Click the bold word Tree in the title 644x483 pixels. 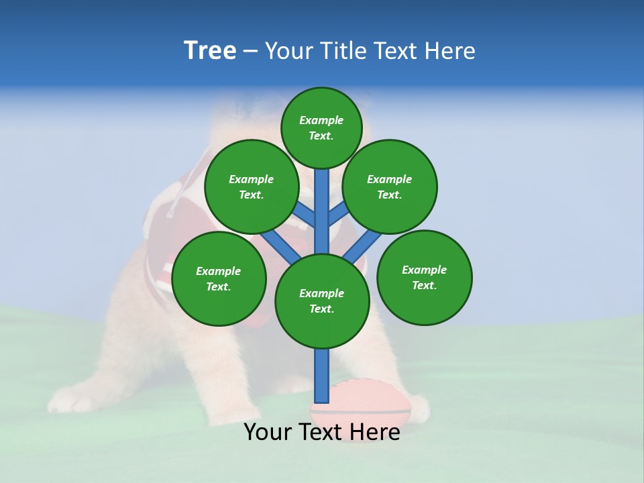coord(210,51)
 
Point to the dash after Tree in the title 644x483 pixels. coord(250,52)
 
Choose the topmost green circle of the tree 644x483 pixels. coord(321,127)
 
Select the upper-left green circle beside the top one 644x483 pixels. coord(251,186)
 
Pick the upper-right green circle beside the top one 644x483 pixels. coord(390,186)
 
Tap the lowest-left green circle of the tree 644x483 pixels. coord(219,278)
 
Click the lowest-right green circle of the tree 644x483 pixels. coord(424,277)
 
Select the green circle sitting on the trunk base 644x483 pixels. coord(322,301)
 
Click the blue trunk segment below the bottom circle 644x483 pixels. coord(322,376)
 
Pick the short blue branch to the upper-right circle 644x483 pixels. coord(338,213)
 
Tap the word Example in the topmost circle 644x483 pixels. coord(321,120)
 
